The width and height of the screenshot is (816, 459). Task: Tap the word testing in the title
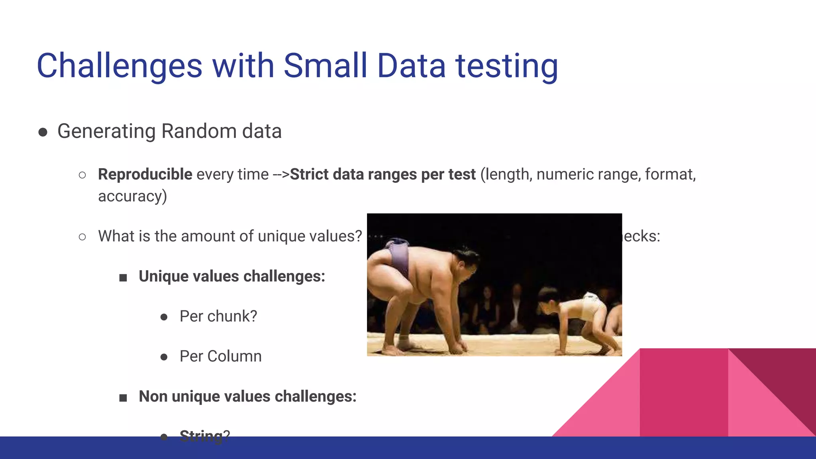[506, 67]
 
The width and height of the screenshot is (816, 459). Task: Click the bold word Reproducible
[145, 175]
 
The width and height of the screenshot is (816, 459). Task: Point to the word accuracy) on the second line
[132, 196]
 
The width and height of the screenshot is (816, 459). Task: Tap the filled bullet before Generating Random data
[43, 132]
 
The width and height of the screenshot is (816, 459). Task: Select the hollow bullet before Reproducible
[82, 175]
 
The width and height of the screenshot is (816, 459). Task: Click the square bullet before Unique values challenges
[123, 278]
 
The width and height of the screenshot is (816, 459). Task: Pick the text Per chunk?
[218, 316]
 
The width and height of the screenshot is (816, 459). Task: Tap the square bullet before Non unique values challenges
[123, 398]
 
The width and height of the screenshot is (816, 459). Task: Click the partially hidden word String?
[204, 435]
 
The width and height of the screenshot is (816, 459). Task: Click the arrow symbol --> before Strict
[281, 175]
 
